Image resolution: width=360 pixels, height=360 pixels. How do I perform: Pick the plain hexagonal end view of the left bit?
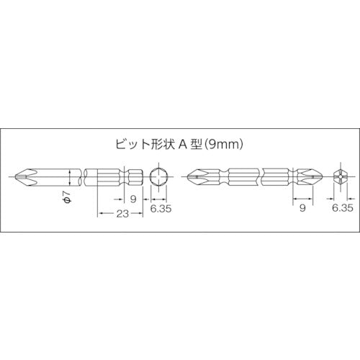coord(161,176)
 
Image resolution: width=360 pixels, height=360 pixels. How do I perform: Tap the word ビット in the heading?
coord(130,144)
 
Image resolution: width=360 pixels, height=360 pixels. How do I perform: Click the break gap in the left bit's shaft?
coord(81,176)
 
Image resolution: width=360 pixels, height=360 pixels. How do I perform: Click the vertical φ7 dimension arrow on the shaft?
coord(70,176)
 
